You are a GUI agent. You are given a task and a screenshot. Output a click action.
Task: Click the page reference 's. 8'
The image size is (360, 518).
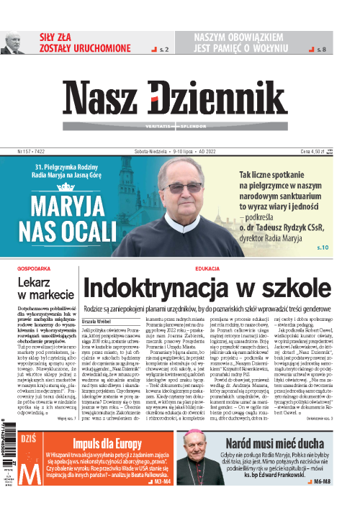click(x=321, y=49)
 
